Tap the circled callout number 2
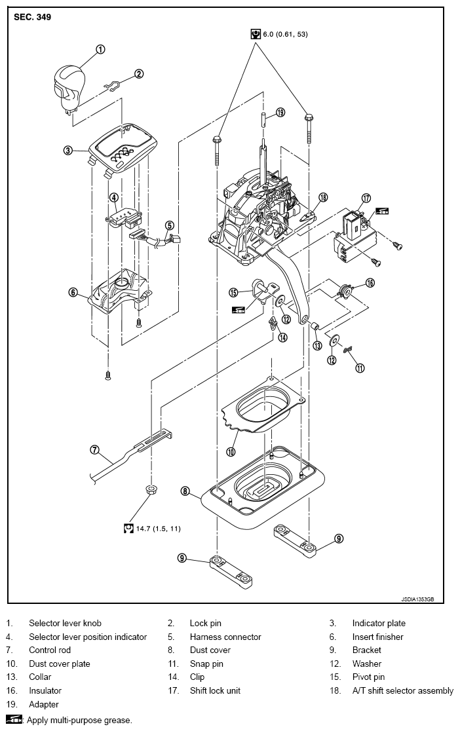click(x=139, y=73)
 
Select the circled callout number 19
click(x=280, y=113)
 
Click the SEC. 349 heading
click(x=32, y=18)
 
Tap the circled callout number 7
click(x=95, y=450)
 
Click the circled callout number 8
click(x=185, y=491)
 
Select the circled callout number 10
click(x=231, y=451)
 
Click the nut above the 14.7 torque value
click(x=150, y=489)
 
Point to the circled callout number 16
click(x=370, y=282)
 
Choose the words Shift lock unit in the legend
click(x=215, y=690)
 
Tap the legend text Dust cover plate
click(x=59, y=664)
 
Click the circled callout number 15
click(x=234, y=292)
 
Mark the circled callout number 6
click(x=73, y=292)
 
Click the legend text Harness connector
click(x=225, y=637)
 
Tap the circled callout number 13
click(x=318, y=345)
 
